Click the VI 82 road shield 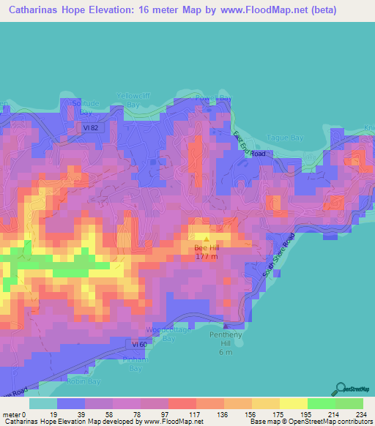click(89, 127)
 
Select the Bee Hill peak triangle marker click(206, 238)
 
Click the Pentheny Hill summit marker click(226, 325)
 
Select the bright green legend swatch click(321, 403)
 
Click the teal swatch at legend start click(42, 403)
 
